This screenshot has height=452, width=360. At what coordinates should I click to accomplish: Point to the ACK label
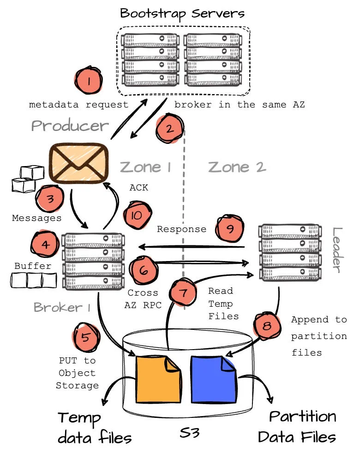click(x=139, y=188)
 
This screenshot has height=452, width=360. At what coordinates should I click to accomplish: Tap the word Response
click(x=181, y=229)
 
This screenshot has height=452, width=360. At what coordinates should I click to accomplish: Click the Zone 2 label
click(x=237, y=167)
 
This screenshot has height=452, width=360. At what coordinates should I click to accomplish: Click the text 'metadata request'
click(x=78, y=105)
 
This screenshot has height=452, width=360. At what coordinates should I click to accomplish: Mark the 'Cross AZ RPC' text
click(x=143, y=298)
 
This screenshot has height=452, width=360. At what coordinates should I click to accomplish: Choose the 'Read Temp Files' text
click(x=224, y=303)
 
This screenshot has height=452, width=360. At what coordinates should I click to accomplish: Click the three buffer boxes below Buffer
click(x=34, y=280)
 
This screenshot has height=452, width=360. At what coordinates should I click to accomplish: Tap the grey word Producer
click(x=70, y=125)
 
